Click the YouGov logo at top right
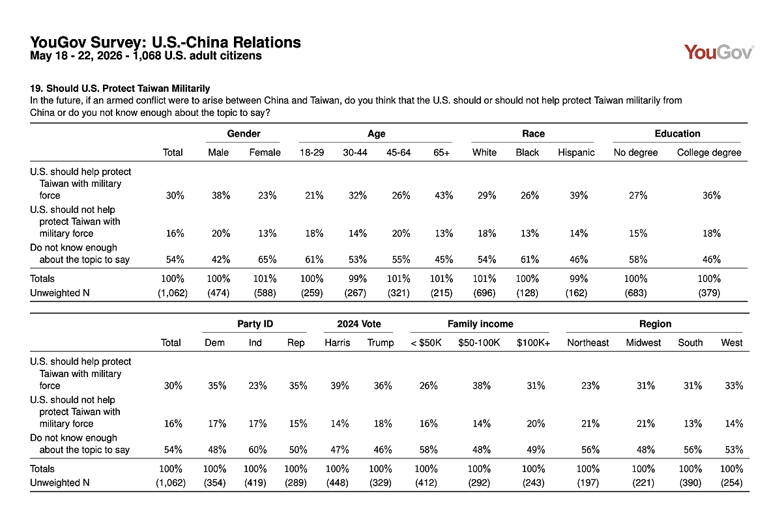[719, 52]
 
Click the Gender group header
[244, 133]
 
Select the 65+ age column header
[442, 152]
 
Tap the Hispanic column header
[576, 152]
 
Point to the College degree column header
[709, 152]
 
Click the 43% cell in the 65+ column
[444, 195]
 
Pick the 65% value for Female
[267, 260]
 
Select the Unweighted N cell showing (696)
[485, 293]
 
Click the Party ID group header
[255, 324]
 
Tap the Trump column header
[381, 342]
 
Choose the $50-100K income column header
[479, 342]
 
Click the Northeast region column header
[588, 342]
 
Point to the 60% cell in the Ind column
[257, 450]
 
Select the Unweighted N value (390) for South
[690, 483]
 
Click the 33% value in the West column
[734, 385]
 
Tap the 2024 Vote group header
[359, 324]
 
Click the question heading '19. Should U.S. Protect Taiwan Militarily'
[120, 89]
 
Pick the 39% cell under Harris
[340, 385]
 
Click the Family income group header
[480, 324]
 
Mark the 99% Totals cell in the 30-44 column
[358, 279]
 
